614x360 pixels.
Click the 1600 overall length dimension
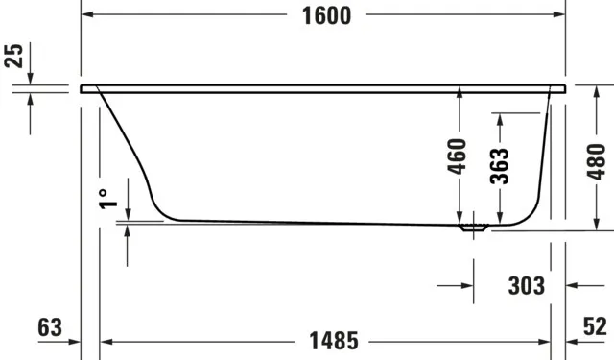(x=326, y=16)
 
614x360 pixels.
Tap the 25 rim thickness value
(x=14, y=56)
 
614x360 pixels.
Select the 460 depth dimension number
(x=457, y=156)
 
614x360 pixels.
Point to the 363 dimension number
(x=500, y=166)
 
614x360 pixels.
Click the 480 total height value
(x=597, y=161)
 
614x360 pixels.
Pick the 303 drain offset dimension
(x=527, y=286)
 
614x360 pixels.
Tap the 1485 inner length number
(x=334, y=341)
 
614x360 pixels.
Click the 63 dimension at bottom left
(x=50, y=327)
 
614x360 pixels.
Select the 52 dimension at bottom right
(x=595, y=325)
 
